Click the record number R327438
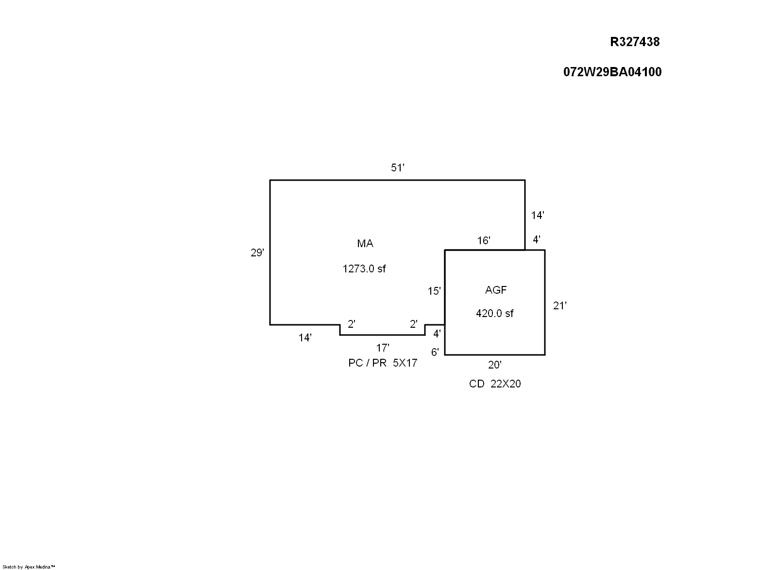tap(635, 42)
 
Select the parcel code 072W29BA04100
tap(612, 72)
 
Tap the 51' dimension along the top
tap(398, 168)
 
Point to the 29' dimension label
tap(257, 253)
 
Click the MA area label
tap(365, 244)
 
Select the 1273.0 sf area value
tap(364, 268)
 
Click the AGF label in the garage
tap(496, 290)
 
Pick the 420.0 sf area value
tap(495, 314)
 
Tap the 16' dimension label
tap(484, 241)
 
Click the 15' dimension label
tap(434, 291)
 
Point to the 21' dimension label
tap(560, 306)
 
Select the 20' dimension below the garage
tap(495, 365)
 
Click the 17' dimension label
tap(383, 348)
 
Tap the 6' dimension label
tap(435, 352)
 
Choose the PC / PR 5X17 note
tap(383, 363)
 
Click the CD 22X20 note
tap(495, 384)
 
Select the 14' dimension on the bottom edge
tap(305, 338)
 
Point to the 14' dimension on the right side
tap(538, 216)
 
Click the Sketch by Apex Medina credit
tap(29, 567)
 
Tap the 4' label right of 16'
tap(537, 239)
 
